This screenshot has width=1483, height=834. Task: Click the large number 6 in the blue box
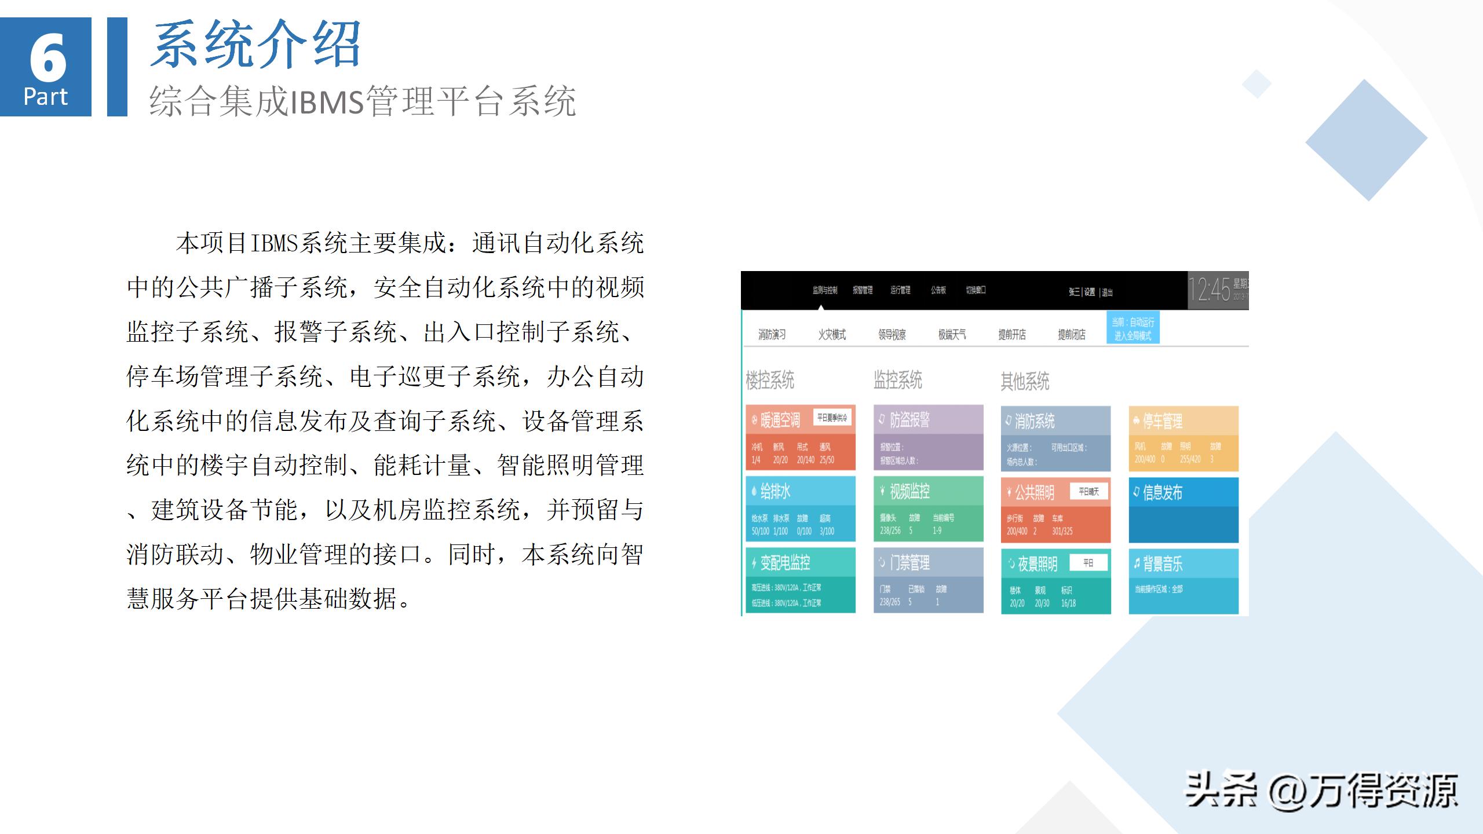point(48,58)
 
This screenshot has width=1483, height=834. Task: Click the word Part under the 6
point(45,97)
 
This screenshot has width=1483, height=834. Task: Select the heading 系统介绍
point(255,45)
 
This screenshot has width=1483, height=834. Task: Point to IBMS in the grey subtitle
point(327,102)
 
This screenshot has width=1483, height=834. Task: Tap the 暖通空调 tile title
point(780,419)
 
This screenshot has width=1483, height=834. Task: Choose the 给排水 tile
point(800,509)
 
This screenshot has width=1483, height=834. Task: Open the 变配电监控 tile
point(800,580)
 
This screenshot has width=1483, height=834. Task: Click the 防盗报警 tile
point(928,437)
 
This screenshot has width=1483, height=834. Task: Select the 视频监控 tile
point(928,509)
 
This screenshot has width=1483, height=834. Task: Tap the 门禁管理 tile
point(928,580)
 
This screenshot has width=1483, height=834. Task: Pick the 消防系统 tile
point(1055,438)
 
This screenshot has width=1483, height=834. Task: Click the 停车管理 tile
point(1183,438)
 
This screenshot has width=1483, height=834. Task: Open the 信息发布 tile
point(1183,510)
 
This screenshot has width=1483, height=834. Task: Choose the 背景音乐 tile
point(1183,581)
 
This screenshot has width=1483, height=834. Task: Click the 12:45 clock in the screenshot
point(1210,290)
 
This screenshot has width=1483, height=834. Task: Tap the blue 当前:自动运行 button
point(1133,328)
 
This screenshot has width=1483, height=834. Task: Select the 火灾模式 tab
point(832,335)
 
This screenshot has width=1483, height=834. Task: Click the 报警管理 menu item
point(863,290)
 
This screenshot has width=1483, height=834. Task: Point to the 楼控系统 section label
point(770,381)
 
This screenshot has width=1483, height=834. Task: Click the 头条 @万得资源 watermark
point(1321,791)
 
